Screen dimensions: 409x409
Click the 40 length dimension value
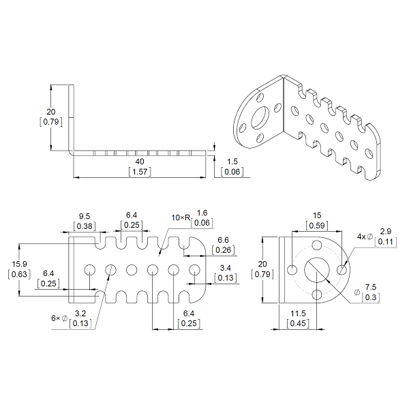pos(140,162)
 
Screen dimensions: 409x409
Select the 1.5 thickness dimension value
pos(232,162)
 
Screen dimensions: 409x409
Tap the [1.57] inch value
pos(140,172)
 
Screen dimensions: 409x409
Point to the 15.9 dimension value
pos(19,264)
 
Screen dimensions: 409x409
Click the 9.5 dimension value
pos(85,216)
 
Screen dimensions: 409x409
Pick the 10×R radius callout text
pos(181,217)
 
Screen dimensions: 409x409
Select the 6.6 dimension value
pos(223,240)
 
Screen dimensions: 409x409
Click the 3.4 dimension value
pos(226,268)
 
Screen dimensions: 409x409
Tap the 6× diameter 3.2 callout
pos(72,318)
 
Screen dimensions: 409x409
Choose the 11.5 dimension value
pos(298,314)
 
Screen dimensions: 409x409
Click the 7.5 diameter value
pos(370,287)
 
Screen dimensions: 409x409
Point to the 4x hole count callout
pos(361,237)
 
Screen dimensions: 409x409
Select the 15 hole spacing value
pos(317,215)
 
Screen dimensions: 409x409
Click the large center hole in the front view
pos(317,270)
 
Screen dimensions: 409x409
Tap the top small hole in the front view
pos(317,245)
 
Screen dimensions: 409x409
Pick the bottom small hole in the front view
pos(317,294)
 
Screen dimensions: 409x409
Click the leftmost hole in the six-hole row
pos(90,270)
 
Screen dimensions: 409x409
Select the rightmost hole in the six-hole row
pos(194,270)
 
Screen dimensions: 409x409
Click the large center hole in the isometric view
pos(260,117)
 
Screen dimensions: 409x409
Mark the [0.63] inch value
pos(19,274)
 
